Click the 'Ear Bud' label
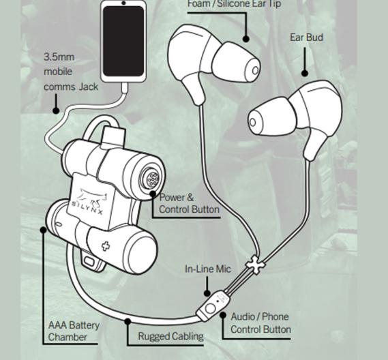coord(306,37)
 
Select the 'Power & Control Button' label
coord(189,203)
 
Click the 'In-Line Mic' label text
coord(207,269)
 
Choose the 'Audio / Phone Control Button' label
coord(260,323)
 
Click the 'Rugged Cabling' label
coord(170,336)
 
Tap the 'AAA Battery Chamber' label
coord(73,331)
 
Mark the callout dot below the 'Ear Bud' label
coord(305,74)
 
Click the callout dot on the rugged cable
coord(128,320)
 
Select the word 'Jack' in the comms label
coord(89,87)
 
